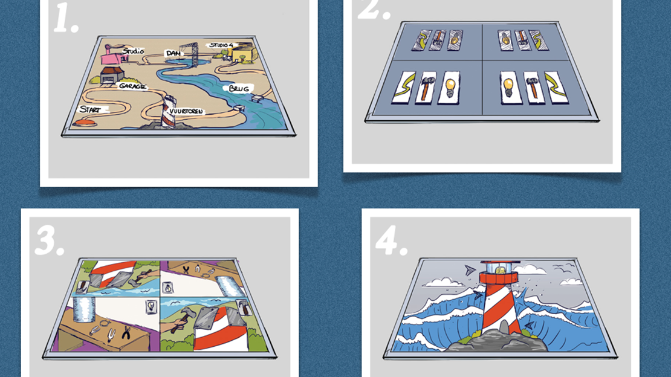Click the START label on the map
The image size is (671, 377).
(x=90, y=109)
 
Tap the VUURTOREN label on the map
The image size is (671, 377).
(x=186, y=111)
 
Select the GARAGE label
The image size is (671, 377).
(x=132, y=86)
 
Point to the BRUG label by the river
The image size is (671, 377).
(x=238, y=89)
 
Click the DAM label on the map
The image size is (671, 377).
(x=173, y=53)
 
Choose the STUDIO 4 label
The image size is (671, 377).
(x=221, y=45)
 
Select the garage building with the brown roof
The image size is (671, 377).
(x=112, y=76)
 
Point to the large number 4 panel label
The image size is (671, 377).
(x=391, y=241)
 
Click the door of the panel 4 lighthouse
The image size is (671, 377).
(x=504, y=327)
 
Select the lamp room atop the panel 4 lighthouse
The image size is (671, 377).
(x=499, y=268)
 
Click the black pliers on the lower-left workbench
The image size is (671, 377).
(x=126, y=332)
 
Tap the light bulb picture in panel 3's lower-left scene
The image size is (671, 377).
(x=151, y=307)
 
